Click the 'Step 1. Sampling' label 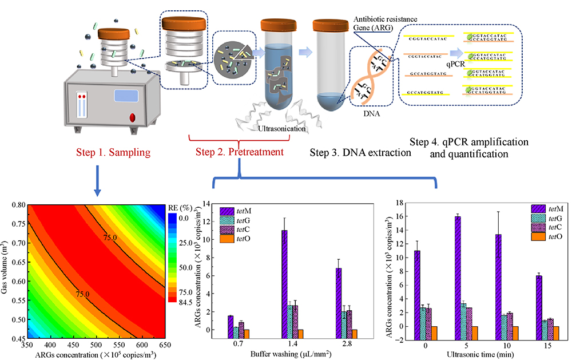coord(114,153)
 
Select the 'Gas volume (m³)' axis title coord(6,271)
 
